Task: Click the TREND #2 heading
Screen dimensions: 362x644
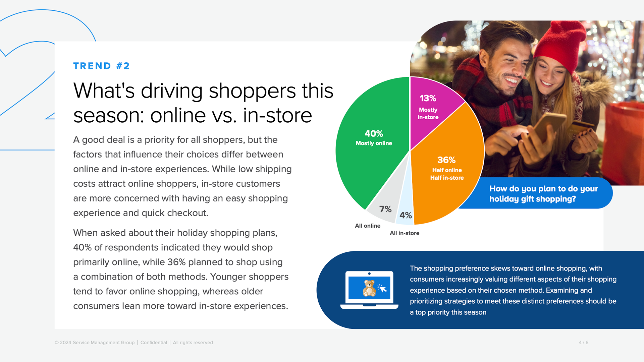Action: tap(101, 66)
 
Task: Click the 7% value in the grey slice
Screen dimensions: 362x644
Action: tap(385, 209)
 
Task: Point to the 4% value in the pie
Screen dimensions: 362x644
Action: tap(406, 215)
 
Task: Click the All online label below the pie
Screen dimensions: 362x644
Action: tap(368, 226)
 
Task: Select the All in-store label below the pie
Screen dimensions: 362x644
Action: tap(404, 233)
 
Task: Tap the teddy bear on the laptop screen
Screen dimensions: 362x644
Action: tap(369, 288)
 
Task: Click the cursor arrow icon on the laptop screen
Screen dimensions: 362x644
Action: tap(382, 288)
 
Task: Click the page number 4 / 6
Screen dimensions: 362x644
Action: tap(583, 342)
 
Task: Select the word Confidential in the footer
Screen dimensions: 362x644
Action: tap(154, 342)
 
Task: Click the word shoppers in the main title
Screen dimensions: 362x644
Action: tap(252, 91)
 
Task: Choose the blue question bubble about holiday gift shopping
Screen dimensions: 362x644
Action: tap(543, 193)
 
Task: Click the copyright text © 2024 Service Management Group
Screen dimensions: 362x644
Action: tap(95, 342)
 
